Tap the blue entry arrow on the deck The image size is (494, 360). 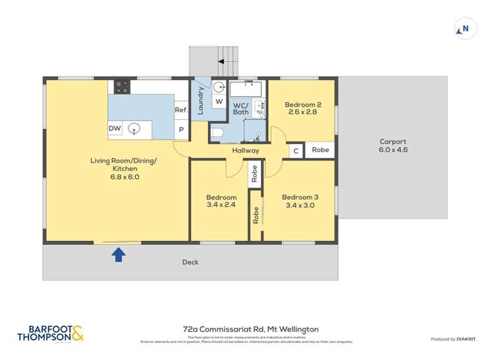(x=119, y=255)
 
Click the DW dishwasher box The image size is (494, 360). (x=115, y=129)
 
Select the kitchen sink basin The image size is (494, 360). (x=134, y=129)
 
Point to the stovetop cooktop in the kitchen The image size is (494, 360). (x=122, y=86)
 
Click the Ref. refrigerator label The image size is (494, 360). (x=181, y=110)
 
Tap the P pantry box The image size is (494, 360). (x=181, y=130)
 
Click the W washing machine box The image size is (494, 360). (x=219, y=101)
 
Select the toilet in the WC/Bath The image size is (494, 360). (x=219, y=132)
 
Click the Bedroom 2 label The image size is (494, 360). (x=303, y=104)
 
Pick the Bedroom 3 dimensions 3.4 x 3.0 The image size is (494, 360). (x=300, y=205)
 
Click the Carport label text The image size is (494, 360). (x=393, y=141)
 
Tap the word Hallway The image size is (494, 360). (x=245, y=151)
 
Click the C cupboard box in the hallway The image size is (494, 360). (x=296, y=151)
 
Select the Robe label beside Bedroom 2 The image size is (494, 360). (x=320, y=150)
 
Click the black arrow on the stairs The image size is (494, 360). (x=222, y=61)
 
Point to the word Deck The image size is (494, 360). (x=190, y=263)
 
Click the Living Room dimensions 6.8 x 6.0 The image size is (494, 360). (x=124, y=177)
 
